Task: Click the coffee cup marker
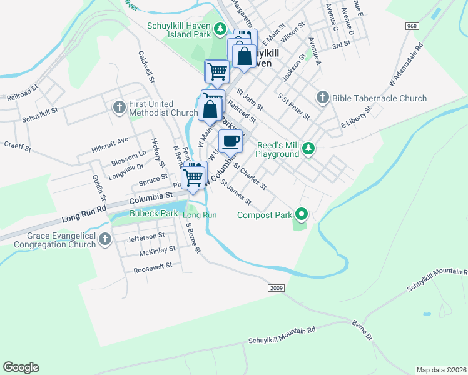click(x=231, y=141)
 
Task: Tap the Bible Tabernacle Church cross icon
click(x=322, y=97)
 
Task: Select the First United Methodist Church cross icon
click(x=120, y=107)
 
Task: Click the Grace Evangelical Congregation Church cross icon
click(x=104, y=238)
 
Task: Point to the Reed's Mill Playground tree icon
click(x=307, y=148)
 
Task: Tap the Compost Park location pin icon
click(x=301, y=215)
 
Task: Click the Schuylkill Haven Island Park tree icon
click(x=220, y=29)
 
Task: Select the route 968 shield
click(x=412, y=26)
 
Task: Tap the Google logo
click(x=21, y=367)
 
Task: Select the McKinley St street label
click(x=157, y=250)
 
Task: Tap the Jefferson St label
click(x=146, y=237)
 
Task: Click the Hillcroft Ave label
click(x=109, y=140)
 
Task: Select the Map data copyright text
click(x=441, y=369)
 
